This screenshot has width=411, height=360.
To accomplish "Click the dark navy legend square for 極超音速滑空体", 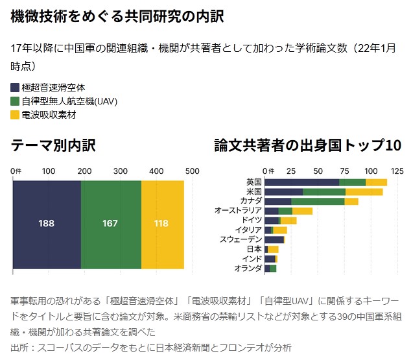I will point(16,87).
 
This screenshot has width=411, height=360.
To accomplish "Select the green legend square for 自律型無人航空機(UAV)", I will point(16,101).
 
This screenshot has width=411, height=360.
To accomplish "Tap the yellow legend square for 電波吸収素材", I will point(16,115).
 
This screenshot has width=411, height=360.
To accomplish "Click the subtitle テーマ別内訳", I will point(54,145).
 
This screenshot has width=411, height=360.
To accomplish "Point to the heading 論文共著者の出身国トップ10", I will point(308,145).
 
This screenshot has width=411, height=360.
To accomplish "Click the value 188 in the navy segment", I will point(46,224).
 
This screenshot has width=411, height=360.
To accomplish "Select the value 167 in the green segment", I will point(110,224).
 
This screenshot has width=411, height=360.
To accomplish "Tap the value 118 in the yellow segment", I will point(161,224).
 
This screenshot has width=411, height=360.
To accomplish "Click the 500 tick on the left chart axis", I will point(191,171).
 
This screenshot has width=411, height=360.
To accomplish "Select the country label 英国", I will point(254,182).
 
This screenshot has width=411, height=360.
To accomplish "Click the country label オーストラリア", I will point(239,211).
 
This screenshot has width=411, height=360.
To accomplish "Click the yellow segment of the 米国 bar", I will point(364,192).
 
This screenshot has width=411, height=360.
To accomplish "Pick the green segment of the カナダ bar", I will point(318,202).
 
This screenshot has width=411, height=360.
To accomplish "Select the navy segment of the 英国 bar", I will point(301,182).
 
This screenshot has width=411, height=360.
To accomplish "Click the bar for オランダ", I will point(270,269).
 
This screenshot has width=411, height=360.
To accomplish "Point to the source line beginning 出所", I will point(151,347).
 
